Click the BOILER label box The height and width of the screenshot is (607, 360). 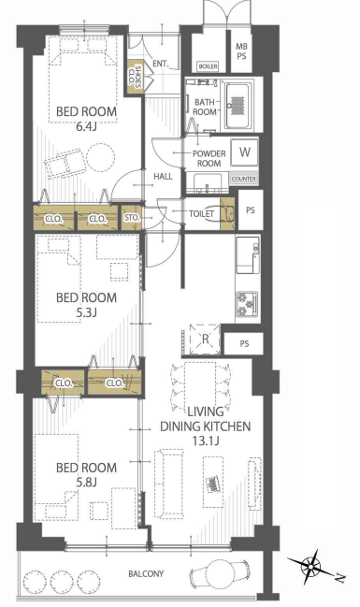(x=208, y=66)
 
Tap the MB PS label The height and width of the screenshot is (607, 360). (x=242, y=51)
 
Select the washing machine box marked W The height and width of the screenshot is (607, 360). (x=245, y=152)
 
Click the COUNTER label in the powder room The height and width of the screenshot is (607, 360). (x=244, y=179)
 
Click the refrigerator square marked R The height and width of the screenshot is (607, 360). (x=205, y=340)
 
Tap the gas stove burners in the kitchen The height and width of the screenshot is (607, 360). (x=247, y=303)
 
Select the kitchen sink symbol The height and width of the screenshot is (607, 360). (x=248, y=254)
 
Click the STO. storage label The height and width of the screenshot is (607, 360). (x=132, y=218)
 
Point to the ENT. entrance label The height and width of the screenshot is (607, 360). (x=160, y=64)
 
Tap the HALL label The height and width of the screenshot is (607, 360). (x=163, y=177)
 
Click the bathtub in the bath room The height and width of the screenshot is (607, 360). (x=237, y=105)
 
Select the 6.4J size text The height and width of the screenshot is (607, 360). (x=86, y=126)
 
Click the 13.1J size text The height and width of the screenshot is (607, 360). (x=205, y=441)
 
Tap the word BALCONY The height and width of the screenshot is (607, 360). (x=146, y=573)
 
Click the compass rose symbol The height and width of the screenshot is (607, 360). (x=311, y=568)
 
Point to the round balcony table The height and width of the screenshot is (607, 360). (x=218, y=573)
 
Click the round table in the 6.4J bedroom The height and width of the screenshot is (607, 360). (x=100, y=158)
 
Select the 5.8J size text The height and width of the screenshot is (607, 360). (x=86, y=483)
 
